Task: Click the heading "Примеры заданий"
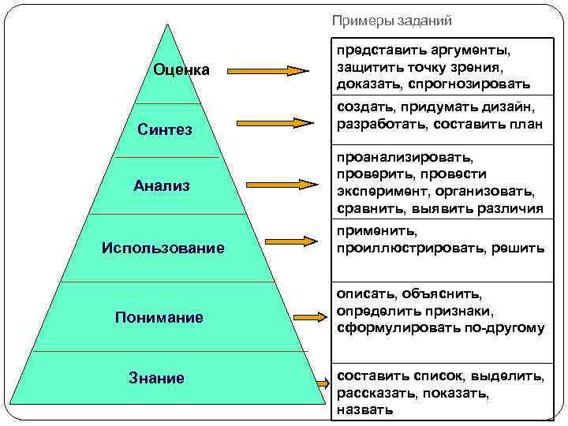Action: pyautogui.click(x=391, y=21)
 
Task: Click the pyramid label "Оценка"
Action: pyautogui.click(x=181, y=70)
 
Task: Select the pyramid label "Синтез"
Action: pyautogui.click(x=164, y=129)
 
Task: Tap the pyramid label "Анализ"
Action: pyautogui.click(x=161, y=186)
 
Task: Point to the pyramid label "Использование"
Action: pyautogui.click(x=163, y=248)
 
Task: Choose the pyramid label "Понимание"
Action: pyautogui.click(x=159, y=317)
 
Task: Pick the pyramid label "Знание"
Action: pyautogui.click(x=156, y=378)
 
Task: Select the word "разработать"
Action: pyautogui.click(x=377, y=124)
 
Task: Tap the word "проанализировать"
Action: pyautogui.click(x=405, y=158)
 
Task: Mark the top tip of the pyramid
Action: pyautogui.click(x=167, y=24)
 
